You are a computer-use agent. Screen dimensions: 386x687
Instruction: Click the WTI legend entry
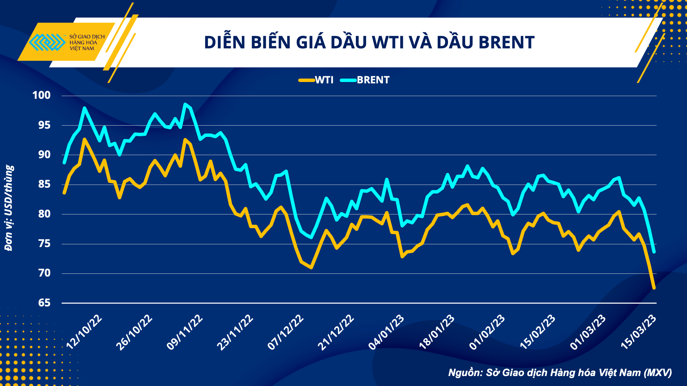click(316, 80)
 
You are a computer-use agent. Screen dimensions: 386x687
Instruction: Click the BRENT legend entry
click(365, 80)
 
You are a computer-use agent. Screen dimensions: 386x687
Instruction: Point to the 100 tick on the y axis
click(42, 95)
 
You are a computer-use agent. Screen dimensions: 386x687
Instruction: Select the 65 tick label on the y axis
click(44, 303)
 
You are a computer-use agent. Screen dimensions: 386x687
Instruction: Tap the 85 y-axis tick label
click(44, 184)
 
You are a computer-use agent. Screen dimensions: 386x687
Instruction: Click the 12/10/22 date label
click(84, 332)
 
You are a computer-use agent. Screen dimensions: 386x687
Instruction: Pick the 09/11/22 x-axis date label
click(185, 332)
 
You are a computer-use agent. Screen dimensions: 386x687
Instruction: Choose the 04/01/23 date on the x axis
click(386, 332)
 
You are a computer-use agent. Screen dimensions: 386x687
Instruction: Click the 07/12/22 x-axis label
click(286, 332)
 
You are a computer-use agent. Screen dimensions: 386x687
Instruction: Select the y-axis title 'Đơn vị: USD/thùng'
click(9, 208)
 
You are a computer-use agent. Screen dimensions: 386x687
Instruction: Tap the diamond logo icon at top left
click(47, 42)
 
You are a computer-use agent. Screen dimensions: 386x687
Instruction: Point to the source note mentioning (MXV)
click(560, 373)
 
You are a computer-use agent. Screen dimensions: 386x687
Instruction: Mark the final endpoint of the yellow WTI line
click(654, 288)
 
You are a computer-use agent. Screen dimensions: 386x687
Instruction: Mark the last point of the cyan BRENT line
click(654, 252)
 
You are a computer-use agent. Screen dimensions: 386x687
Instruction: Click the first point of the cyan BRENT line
click(64, 163)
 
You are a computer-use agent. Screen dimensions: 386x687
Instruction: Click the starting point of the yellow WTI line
click(64, 193)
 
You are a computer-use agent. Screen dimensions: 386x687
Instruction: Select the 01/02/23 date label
click(487, 332)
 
